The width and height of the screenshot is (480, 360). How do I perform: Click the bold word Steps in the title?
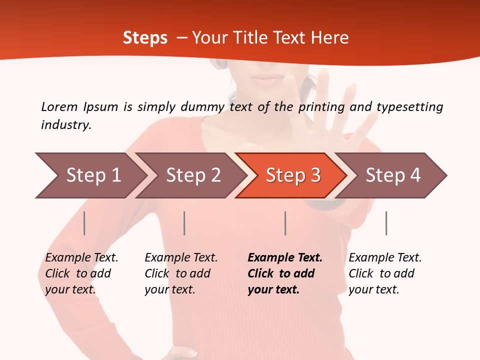(145, 38)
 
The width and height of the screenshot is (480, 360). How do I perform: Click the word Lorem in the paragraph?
(59, 106)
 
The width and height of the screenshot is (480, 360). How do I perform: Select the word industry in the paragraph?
(65, 124)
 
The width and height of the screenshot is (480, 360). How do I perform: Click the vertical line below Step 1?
(84, 223)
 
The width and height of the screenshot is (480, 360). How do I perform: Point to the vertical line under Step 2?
(184, 223)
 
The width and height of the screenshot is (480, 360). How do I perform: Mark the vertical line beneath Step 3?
(285, 223)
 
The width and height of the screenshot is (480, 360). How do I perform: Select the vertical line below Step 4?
(386, 223)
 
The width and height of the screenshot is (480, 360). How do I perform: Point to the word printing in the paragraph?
(322, 107)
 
